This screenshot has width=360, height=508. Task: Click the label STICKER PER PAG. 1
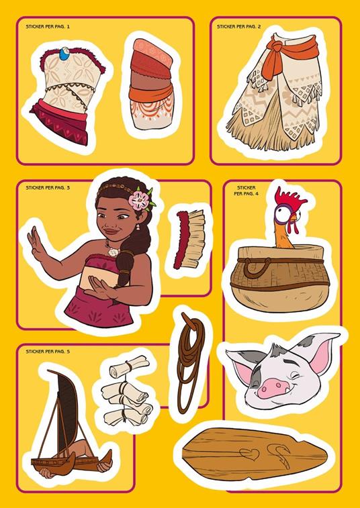point(48,27)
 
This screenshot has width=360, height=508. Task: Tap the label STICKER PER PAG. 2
point(238,27)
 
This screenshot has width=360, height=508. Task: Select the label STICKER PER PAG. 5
point(48,352)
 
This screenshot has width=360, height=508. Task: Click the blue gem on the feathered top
point(65,54)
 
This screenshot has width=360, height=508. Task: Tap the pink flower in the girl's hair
point(139,201)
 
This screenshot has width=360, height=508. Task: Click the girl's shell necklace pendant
point(113,252)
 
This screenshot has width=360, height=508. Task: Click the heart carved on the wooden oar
point(249,454)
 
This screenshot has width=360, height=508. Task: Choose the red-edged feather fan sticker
point(189,240)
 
